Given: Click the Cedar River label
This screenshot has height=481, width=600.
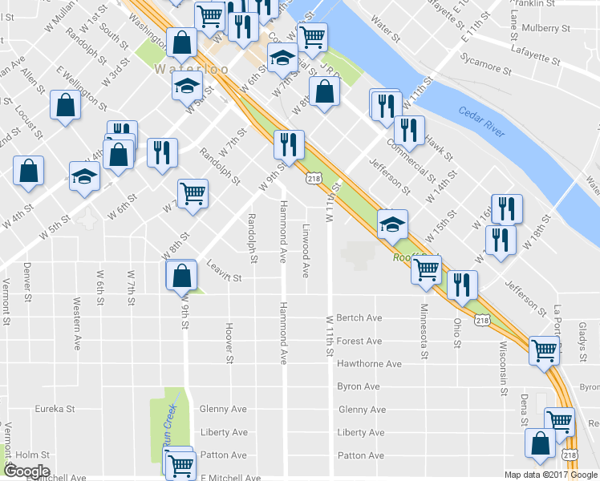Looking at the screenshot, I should (x=482, y=122).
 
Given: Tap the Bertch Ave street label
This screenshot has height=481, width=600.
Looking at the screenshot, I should (x=359, y=318).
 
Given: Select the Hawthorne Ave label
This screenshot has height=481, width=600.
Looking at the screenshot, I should (x=369, y=364).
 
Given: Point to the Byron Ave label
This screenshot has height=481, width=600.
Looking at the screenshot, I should (x=359, y=386).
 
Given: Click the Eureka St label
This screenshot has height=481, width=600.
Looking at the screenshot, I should (x=55, y=409).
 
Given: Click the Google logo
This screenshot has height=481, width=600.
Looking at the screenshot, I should (x=26, y=471).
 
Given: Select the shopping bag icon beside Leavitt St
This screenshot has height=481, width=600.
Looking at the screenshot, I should (x=182, y=275).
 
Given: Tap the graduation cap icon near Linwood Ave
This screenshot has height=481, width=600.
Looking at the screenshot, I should (x=392, y=224).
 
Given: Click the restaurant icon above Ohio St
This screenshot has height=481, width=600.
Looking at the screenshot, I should (x=462, y=285).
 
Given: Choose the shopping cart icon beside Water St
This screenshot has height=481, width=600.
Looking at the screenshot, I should (x=311, y=35).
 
